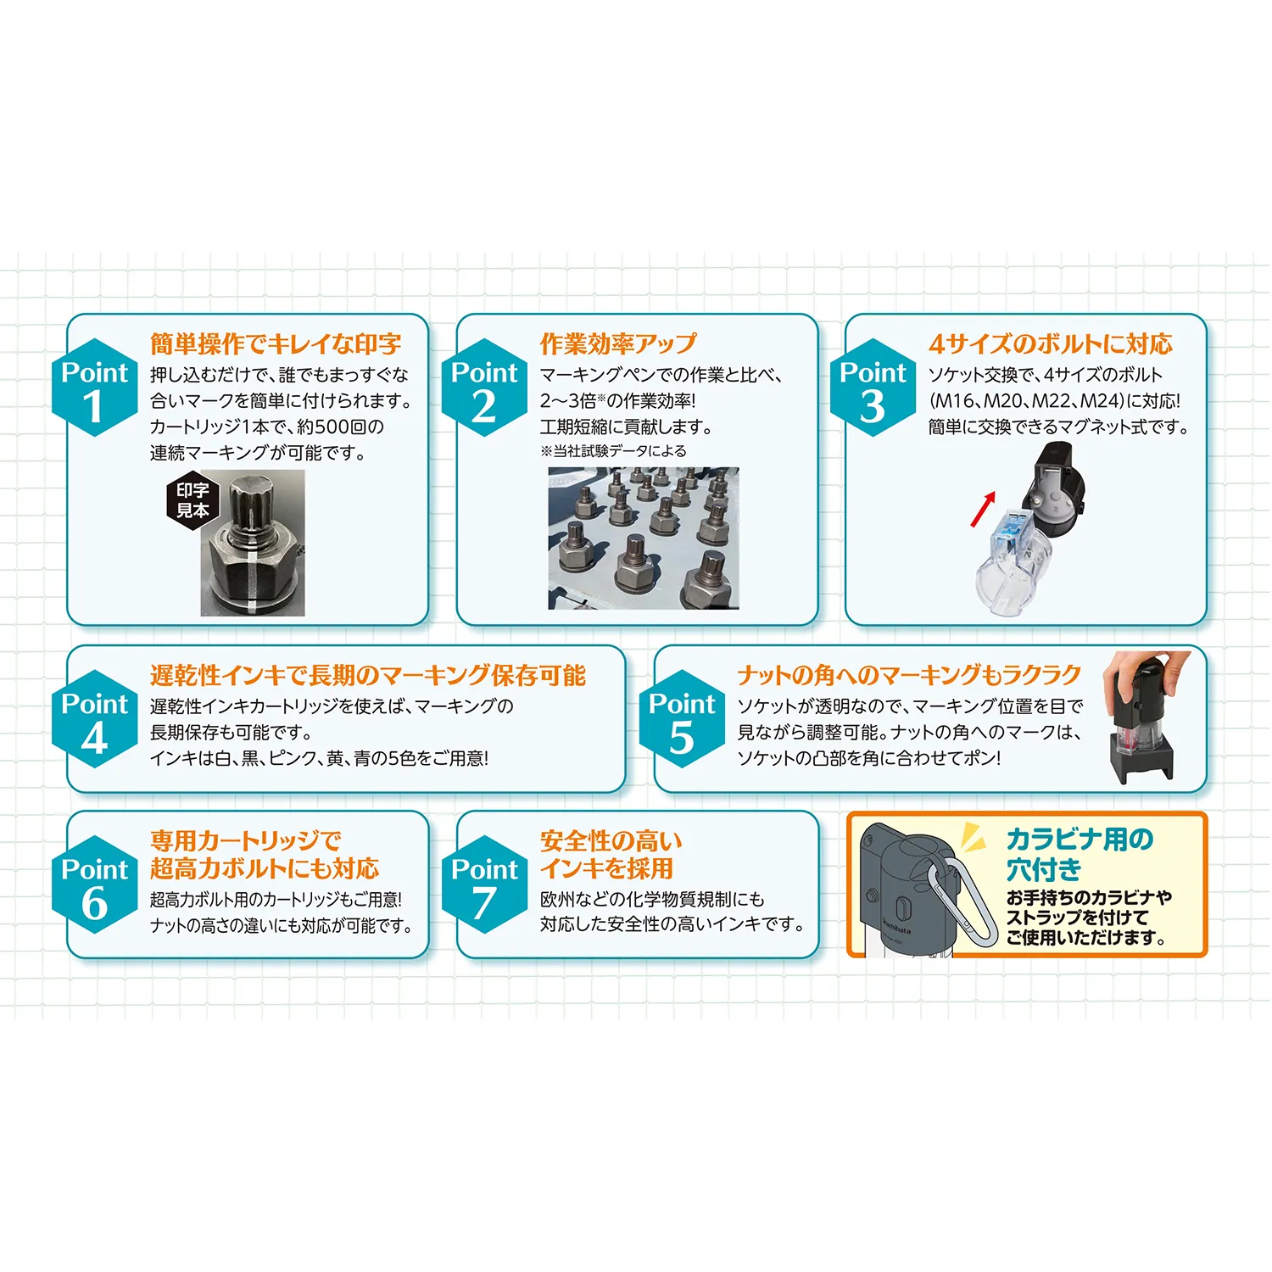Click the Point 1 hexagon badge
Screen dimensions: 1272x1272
tap(94, 388)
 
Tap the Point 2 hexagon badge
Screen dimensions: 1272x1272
tap(483, 388)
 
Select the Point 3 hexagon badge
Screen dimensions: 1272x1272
tap(873, 388)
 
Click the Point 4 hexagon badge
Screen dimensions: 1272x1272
tap(94, 720)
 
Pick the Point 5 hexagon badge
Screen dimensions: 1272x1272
tap(682, 720)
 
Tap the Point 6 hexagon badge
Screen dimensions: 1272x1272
tap(94, 885)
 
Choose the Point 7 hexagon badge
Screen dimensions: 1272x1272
tap(483, 885)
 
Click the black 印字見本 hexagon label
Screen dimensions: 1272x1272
tap(192, 500)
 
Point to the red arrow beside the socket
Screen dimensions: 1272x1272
tap(983, 508)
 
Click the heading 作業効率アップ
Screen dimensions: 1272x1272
tap(618, 343)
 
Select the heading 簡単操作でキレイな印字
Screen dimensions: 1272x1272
tap(276, 343)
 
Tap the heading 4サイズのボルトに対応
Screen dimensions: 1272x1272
tap(1050, 343)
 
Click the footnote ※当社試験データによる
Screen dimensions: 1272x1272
tap(613, 451)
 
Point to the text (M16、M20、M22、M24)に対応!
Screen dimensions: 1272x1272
tap(1054, 401)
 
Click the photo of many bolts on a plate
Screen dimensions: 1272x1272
tap(643, 538)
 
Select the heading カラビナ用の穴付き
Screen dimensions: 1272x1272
tap(1079, 854)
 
